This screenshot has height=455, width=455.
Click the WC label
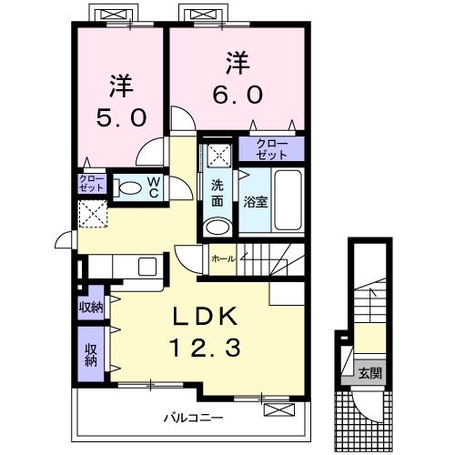point(154,187)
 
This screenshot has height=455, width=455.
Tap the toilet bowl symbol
point(129,188)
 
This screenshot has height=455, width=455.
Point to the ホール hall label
point(223,259)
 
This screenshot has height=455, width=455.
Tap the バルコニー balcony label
point(194,419)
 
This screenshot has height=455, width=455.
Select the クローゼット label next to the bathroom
point(270,149)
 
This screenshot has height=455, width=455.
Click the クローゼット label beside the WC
point(91,183)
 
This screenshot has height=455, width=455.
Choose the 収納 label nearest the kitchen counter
point(91,307)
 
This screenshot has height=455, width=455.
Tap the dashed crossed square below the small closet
point(92,214)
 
